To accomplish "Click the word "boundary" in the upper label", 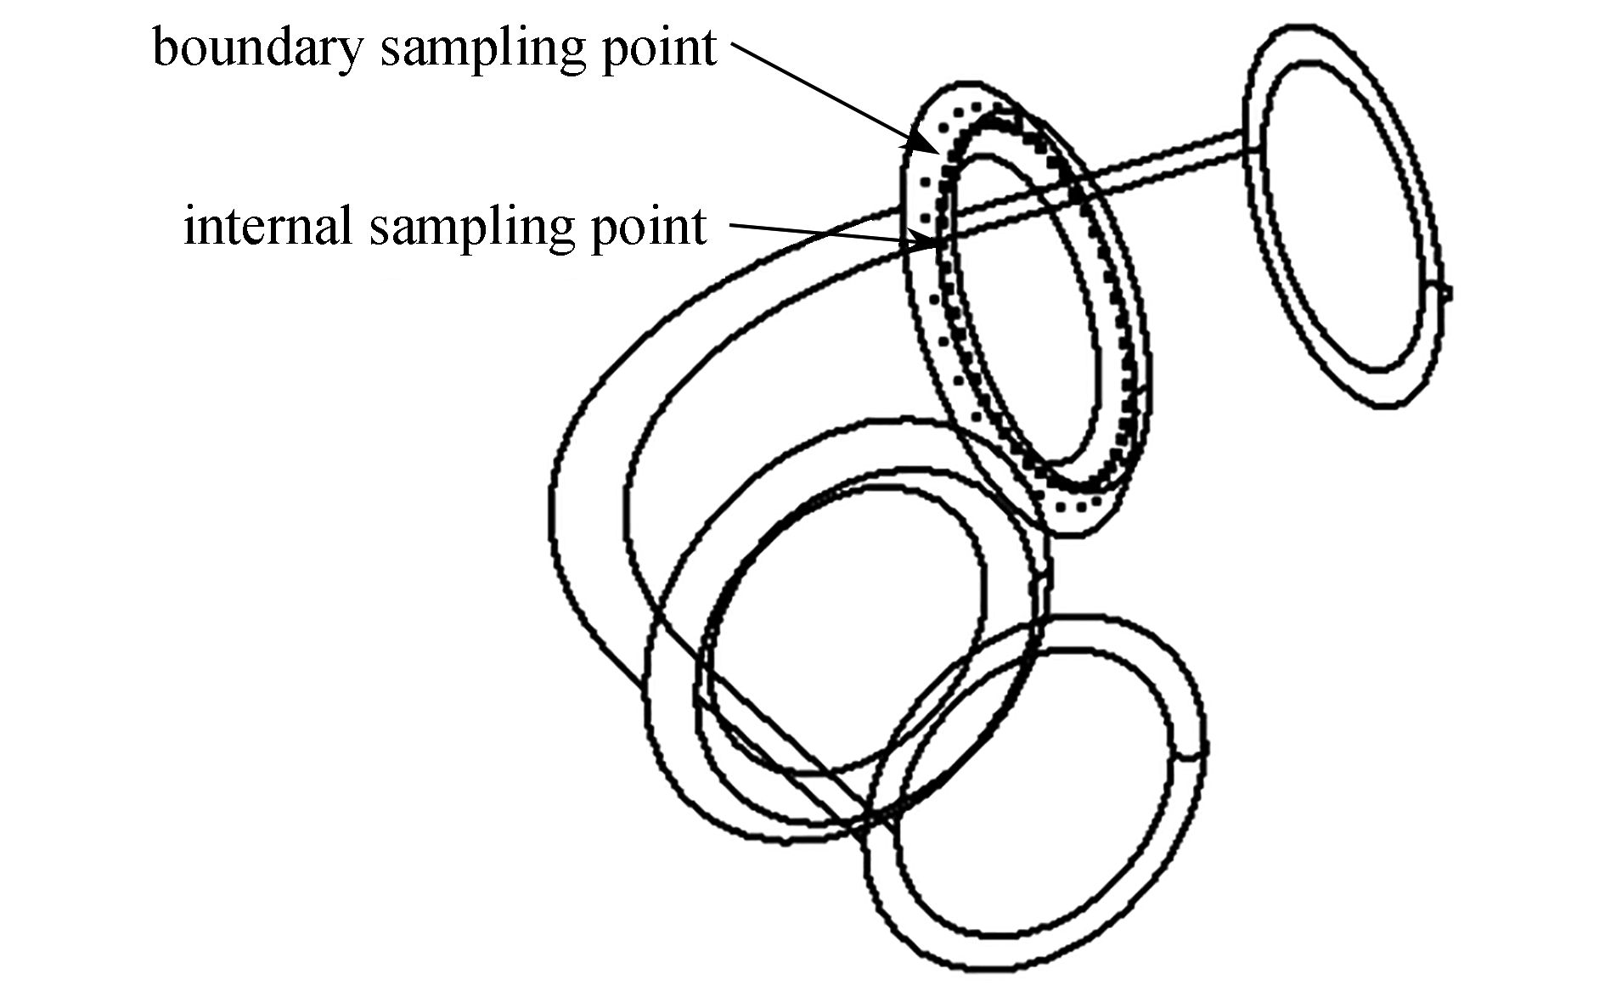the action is pyautogui.click(x=258, y=48).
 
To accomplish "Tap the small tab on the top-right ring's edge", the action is pyautogui.click(x=1440, y=292).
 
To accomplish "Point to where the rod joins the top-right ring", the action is pyautogui.click(x=1252, y=141).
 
